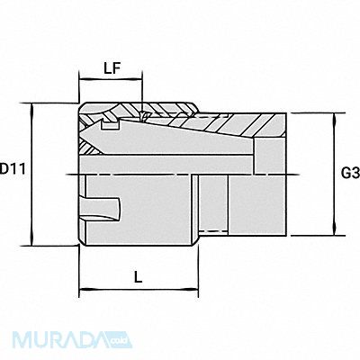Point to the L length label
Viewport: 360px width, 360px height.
coord(138,277)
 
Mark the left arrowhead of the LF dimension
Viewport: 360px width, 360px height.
coord(83,80)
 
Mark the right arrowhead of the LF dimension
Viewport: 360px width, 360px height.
coord(140,80)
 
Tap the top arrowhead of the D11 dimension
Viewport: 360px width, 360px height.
coord(32,107)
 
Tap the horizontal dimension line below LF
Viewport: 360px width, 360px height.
coord(112,80)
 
